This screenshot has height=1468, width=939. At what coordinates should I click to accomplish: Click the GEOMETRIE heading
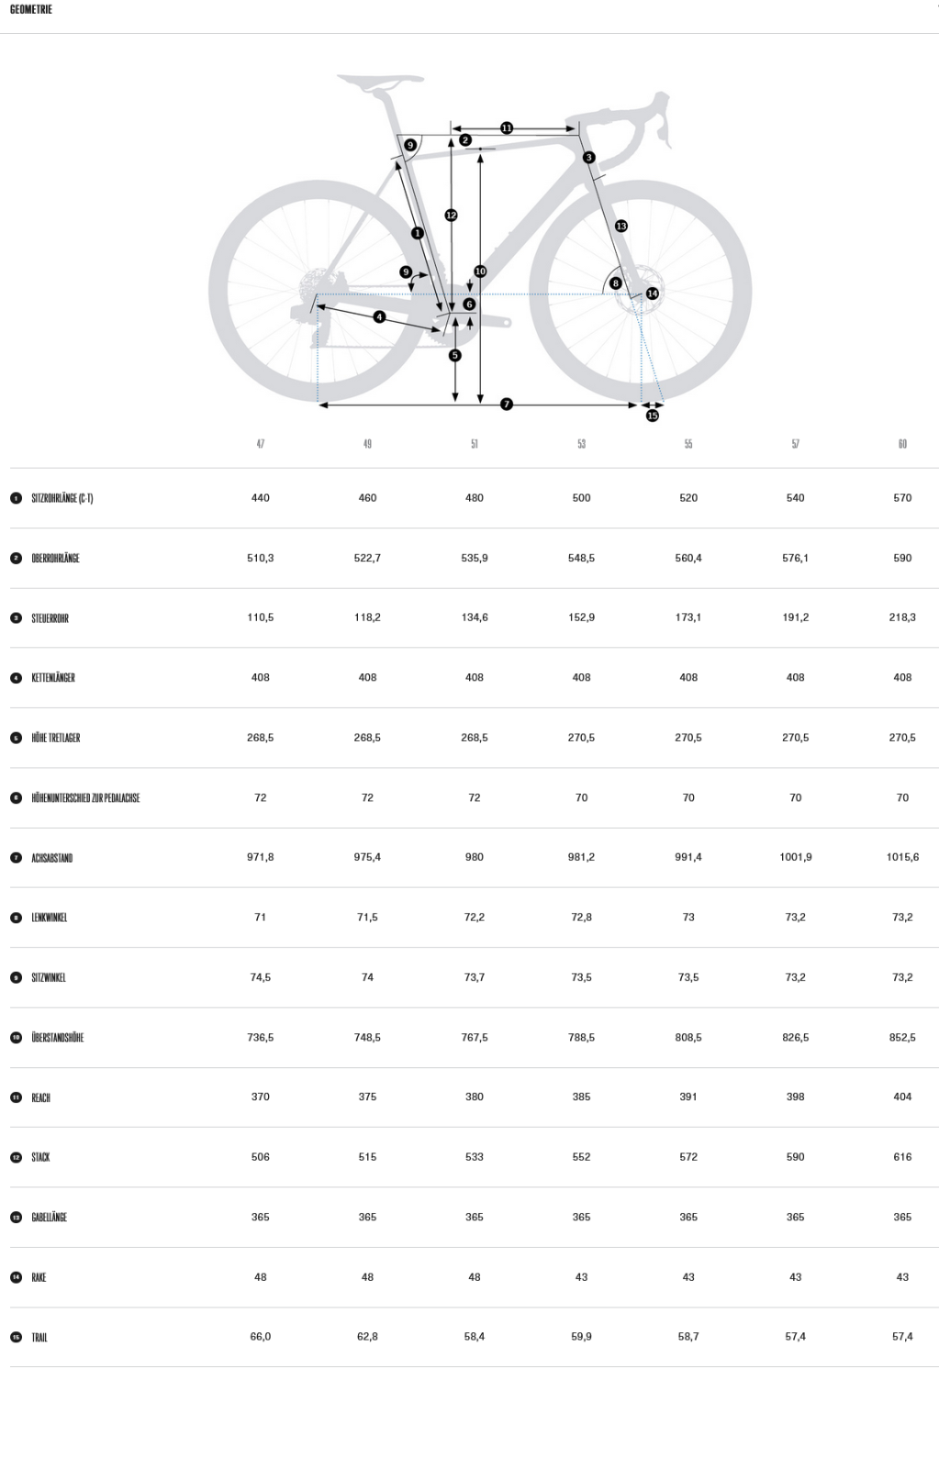point(31,9)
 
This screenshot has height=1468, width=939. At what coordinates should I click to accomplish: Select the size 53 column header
point(581,444)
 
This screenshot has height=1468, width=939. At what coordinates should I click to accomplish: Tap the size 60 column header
point(902,444)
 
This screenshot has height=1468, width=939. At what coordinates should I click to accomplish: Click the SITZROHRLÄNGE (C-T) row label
point(62,498)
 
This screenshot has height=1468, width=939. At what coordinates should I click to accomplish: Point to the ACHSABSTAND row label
point(51,858)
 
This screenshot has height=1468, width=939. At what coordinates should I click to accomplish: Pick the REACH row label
point(40,1097)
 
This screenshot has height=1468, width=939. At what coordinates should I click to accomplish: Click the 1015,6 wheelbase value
point(902,857)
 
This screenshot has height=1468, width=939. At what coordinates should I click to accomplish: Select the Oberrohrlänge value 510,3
point(261,558)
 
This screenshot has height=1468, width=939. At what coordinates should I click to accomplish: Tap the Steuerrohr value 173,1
point(687,617)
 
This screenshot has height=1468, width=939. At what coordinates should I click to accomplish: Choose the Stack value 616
point(902,1157)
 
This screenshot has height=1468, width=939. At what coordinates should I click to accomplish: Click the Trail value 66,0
point(261,1336)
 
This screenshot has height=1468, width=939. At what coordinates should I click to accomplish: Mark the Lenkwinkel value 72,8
point(581,917)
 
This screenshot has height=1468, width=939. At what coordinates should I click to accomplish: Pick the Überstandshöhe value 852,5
point(902,1038)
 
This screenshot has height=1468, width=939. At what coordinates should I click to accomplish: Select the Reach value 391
point(687,1096)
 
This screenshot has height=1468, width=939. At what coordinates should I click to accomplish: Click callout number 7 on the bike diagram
point(507,405)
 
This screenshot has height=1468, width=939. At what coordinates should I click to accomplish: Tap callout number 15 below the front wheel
point(652,416)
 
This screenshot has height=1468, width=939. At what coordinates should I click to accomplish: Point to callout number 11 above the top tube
point(507,128)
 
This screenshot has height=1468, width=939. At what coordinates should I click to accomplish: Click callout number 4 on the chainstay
point(379,317)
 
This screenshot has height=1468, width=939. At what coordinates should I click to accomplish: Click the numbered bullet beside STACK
point(17,1157)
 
